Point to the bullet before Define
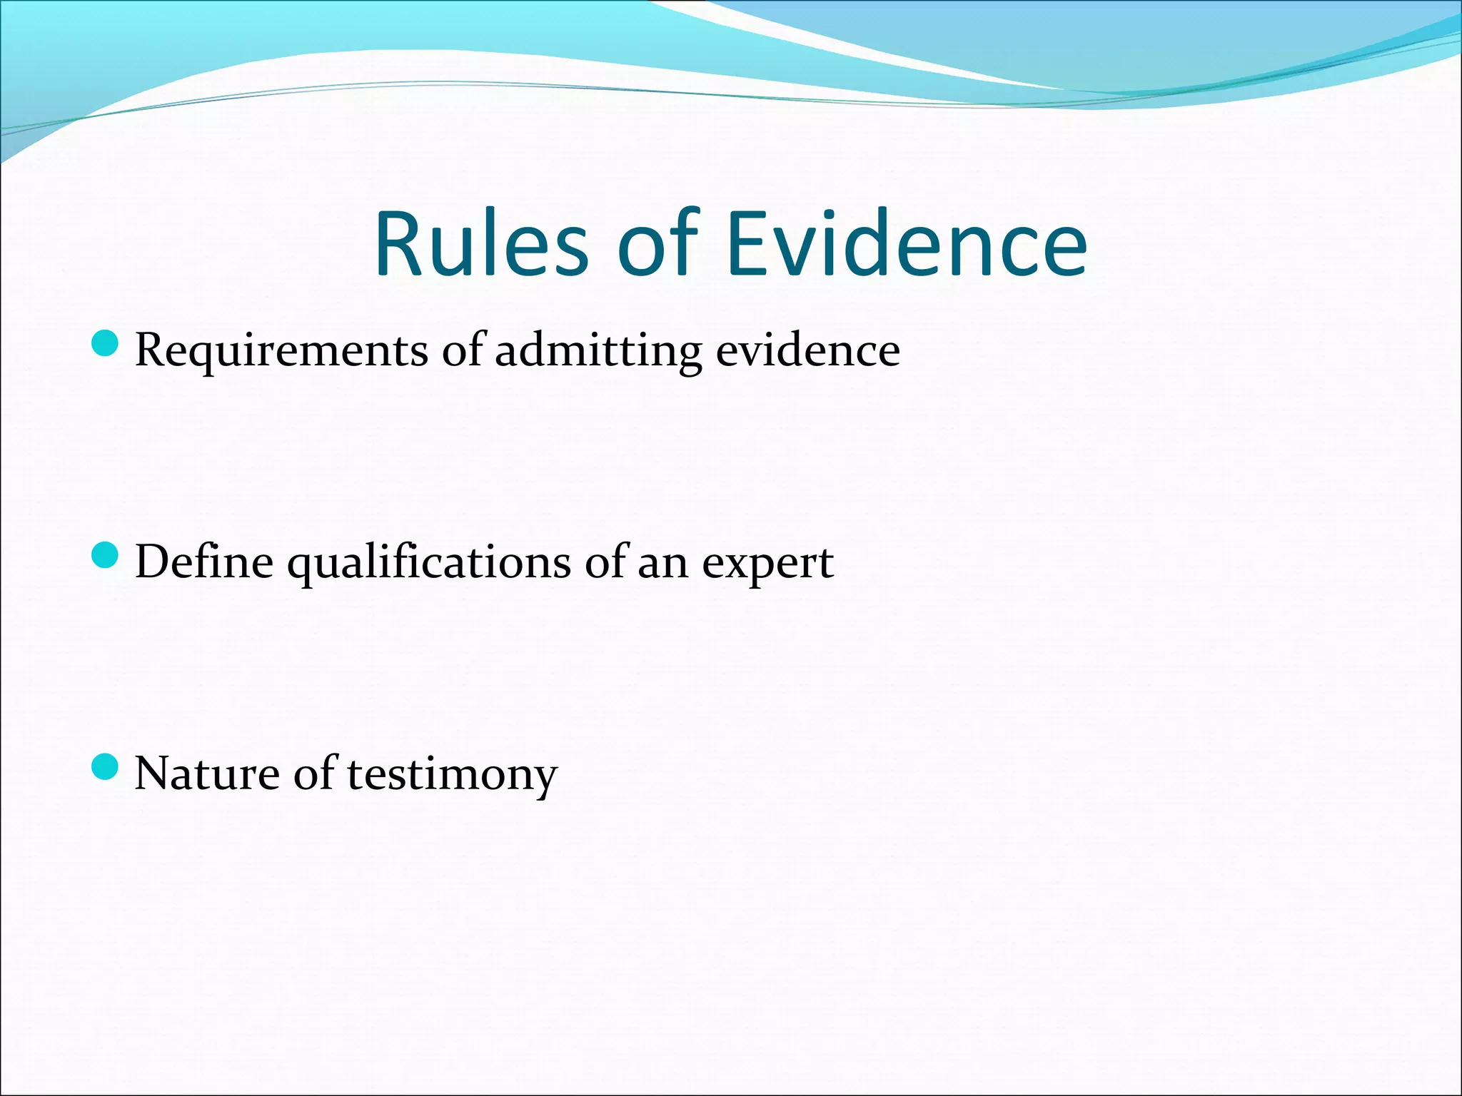click(105, 554)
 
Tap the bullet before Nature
click(105, 766)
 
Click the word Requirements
click(282, 351)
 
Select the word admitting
click(598, 351)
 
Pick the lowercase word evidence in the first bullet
click(807, 351)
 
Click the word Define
click(204, 562)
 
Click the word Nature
click(207, 773)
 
